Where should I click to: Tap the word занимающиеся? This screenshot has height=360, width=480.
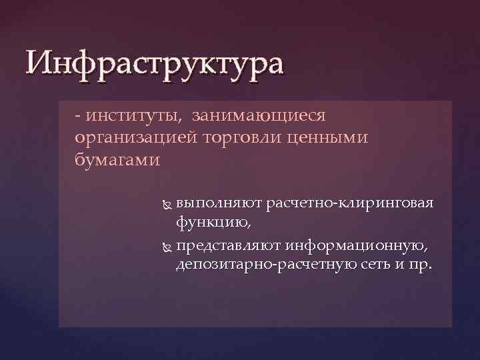[x=259, y=116]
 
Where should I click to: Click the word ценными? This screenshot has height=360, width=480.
[x=333, y=138]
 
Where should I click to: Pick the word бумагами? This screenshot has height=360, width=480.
[x=118, y=160]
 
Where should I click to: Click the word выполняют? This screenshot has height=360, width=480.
[x=221, y=203]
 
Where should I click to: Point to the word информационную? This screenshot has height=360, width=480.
[x=357, y=246]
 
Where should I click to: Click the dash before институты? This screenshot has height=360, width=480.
[x=79, y=117]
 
